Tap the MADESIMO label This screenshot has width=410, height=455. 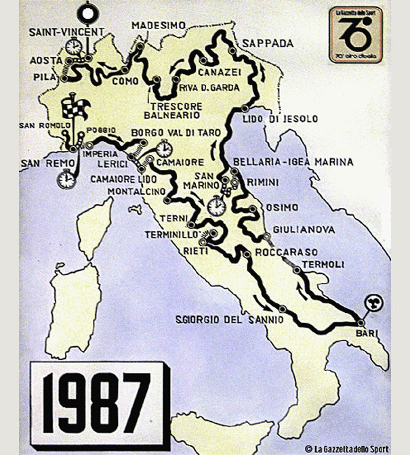pyautogui.click(x=160, y=25)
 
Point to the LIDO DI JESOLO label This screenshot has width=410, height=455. pyautogui.click(x=280, y=119)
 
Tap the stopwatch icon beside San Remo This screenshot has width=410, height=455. pyautogui.click(x=66, y=179)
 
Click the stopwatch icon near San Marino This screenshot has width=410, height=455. pyautogui.click(x=217, y=203)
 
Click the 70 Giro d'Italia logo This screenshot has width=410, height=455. pyautogui.click(x=356, y=35)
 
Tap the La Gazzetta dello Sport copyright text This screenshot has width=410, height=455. pyautogui.click(x=346, y=448)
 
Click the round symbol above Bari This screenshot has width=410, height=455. pyautogui.click(x=371, y=304)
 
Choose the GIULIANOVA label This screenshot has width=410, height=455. pyautogui.click(x=304, y=230)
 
